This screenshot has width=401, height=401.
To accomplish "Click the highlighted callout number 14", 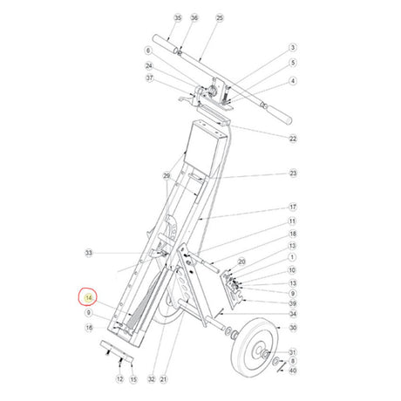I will pos(88,298).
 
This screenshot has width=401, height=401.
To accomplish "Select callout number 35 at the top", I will pos(178,17).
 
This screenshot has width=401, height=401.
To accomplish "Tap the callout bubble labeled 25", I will pos(220,17).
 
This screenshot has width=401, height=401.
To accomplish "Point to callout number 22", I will pos(293,138).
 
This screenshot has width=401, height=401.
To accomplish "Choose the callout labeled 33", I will pos(88,253).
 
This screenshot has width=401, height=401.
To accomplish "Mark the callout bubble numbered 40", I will pos(293,370).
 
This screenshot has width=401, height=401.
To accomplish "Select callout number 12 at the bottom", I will pos(119,380).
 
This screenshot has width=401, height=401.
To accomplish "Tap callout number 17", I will pos(293,207).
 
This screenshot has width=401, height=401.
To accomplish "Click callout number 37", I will pos(149,78).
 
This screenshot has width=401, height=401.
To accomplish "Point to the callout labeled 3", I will pos(293,47).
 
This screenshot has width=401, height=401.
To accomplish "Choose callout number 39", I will pos(293,302).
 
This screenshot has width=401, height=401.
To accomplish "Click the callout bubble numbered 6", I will pos(149,51).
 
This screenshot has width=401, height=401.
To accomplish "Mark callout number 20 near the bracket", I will pos(242,261).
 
